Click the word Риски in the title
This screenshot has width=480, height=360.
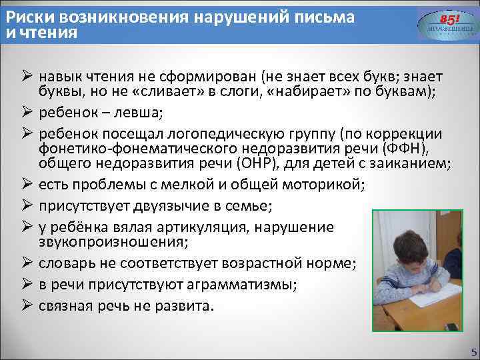tap(26, 16)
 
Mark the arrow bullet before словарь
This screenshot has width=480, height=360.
tap(26, 263)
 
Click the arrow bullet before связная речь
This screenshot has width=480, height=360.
tap(26, 306)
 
